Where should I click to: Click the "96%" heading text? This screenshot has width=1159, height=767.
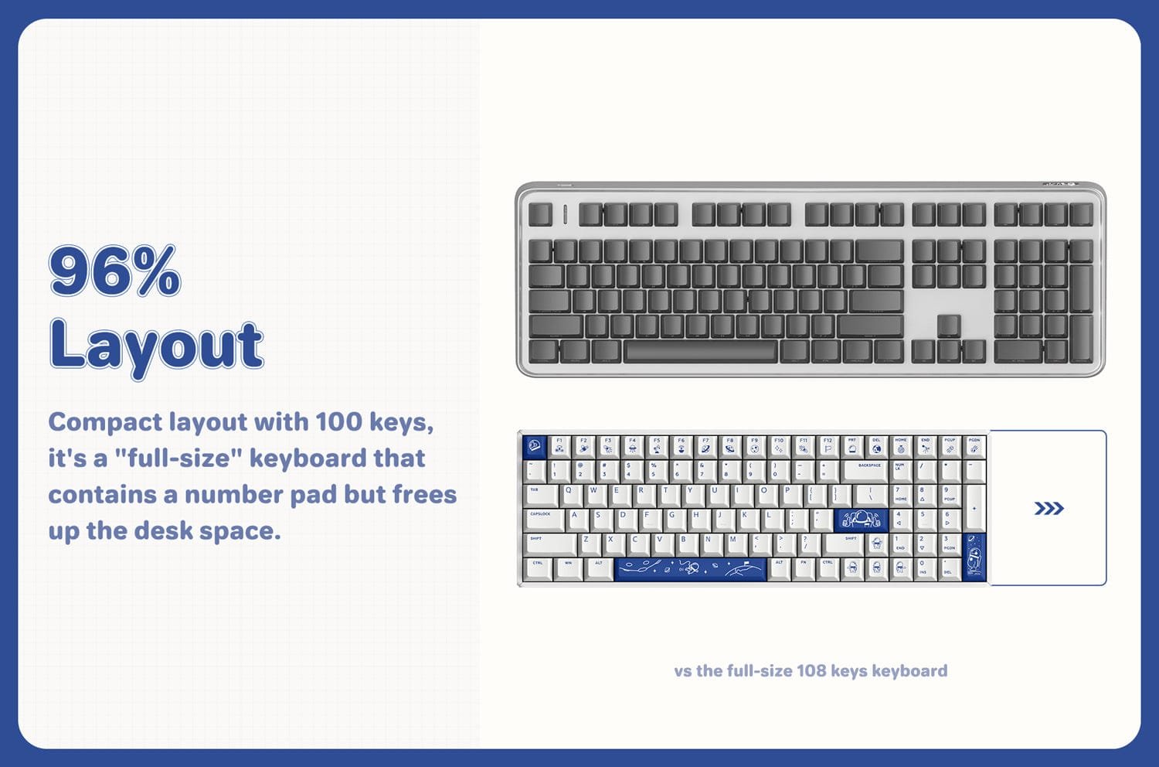point(114,271)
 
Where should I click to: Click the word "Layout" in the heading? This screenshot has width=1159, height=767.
point(156,346)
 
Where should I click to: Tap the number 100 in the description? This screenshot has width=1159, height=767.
point(338,422)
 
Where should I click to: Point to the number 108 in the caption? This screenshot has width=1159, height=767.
point(811,671)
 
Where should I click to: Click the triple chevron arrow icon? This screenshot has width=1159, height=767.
point(1049,508)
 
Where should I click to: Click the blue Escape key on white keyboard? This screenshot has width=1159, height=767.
point(534,446)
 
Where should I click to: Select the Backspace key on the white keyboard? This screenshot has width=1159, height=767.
point(868,470)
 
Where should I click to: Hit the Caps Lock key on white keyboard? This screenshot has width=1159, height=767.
point(544,520)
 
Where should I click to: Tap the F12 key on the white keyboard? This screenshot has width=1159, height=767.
point(828,446)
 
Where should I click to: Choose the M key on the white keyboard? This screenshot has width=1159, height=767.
point(733,544)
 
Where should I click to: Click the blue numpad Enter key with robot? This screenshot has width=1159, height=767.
point(975,556)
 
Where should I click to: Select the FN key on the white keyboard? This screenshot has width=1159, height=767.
point(804,568)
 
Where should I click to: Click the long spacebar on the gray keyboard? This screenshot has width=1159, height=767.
point(699,352)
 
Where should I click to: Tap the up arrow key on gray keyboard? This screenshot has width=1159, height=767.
point(949,326)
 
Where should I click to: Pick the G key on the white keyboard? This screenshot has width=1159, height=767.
point(672,520)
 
